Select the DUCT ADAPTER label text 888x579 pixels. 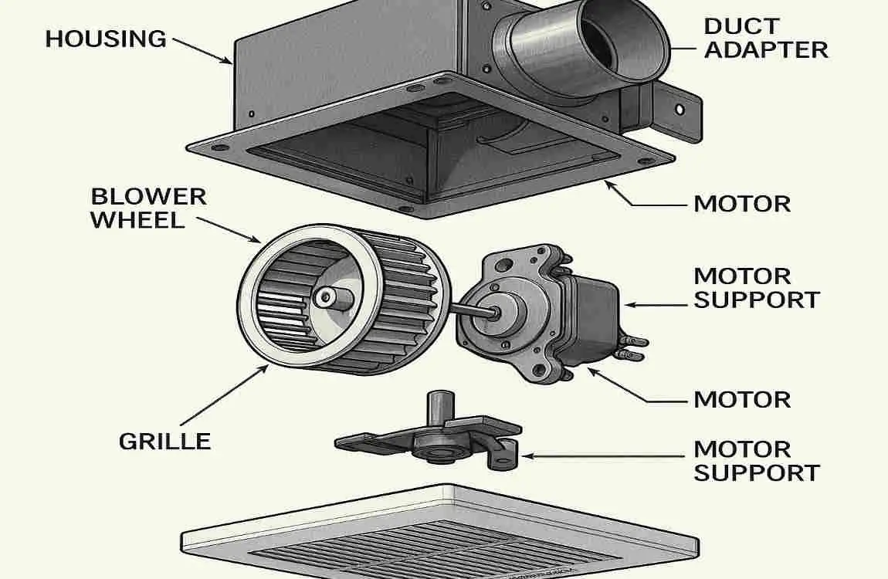pyautogui.click(x=765, y=38)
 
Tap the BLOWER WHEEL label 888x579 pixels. pyautogui.click(x=147, y=208)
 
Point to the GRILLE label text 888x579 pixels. pyautogui.click(x=164, y=442)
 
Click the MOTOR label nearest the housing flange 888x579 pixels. pyautogui.click(x=741, y=205)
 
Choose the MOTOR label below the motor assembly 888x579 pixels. pyautogui.click(x=741, y=400)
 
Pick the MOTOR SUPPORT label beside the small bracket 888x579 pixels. pyautogui.click(x=756, y=460)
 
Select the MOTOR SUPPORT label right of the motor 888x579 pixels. pyautogui.click(x=756, y=287)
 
